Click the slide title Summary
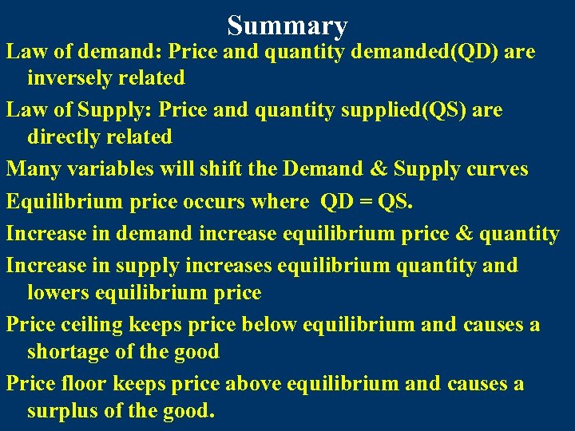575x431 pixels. coord(287,26)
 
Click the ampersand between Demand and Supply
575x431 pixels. coord(380,169)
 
